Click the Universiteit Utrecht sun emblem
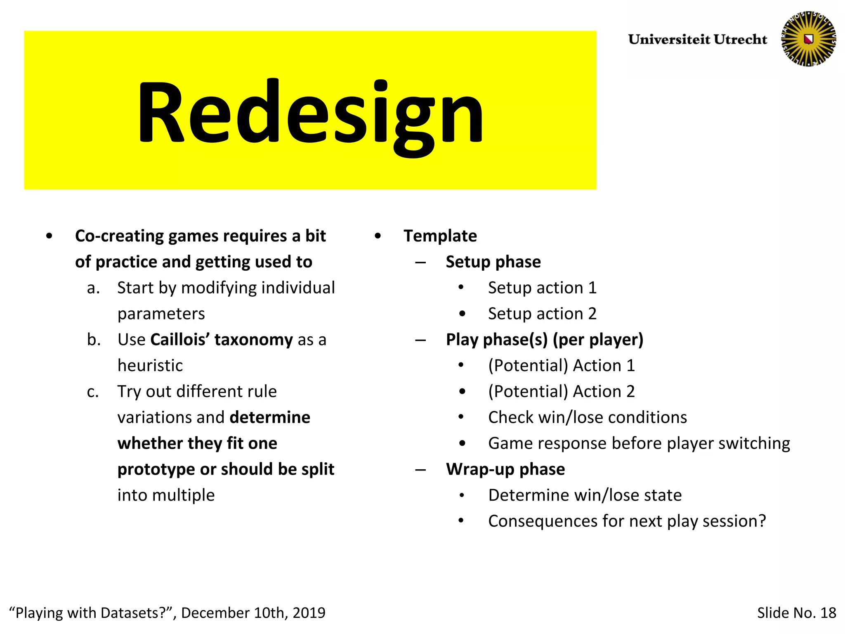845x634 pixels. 808,39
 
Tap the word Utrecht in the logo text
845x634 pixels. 740,39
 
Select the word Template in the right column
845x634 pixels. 440,236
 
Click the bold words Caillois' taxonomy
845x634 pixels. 222,340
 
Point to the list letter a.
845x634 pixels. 93,288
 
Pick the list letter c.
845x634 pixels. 93,392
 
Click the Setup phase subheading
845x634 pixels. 493,262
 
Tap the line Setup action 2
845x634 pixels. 542,314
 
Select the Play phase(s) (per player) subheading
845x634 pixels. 545,340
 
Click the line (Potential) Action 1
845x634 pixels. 561,366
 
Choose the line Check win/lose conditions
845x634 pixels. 588,417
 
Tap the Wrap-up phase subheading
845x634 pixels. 505,469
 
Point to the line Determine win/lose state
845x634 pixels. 585,495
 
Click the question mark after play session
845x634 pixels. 762,521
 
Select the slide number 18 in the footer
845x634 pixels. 828,613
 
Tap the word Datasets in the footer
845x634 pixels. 132,613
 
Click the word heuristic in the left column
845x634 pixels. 150,366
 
